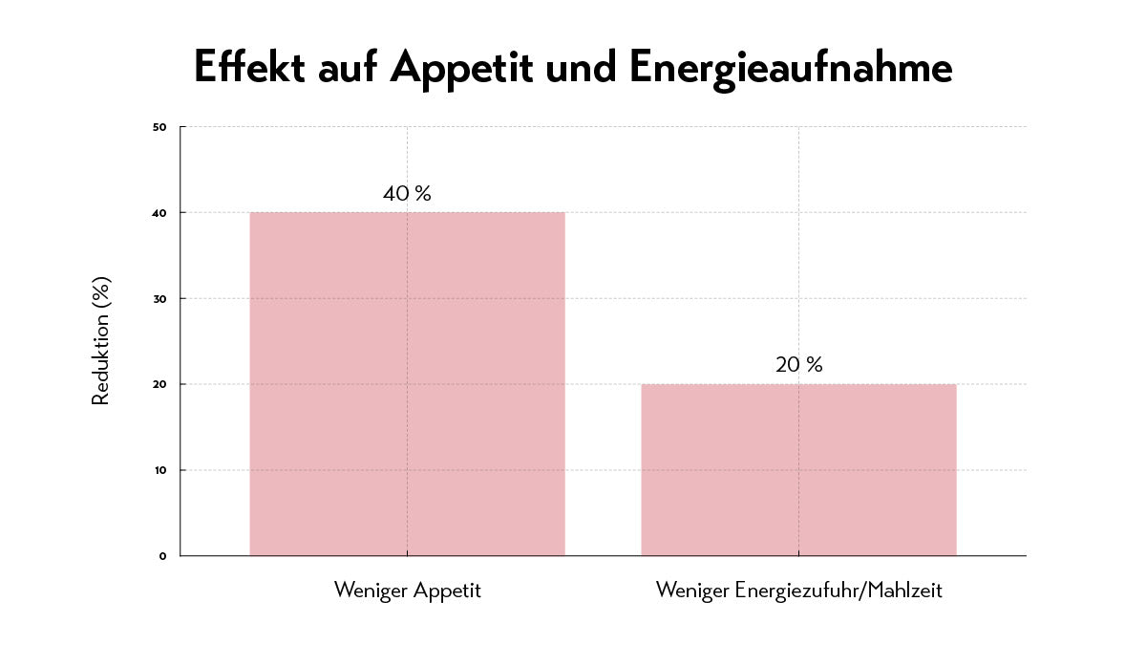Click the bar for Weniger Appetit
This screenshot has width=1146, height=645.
[407, 383]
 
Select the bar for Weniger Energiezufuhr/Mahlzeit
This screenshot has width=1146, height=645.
[798, 469]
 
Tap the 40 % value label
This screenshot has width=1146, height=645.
[407, 193]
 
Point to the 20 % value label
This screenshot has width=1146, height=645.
[798, 365]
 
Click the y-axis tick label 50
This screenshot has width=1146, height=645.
[159, 126]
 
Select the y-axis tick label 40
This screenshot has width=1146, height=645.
[159, 212]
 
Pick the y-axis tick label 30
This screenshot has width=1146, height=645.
[159, 298]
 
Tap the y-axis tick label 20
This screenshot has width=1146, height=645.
[159, 384]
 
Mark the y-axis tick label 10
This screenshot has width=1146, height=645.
[159, 470]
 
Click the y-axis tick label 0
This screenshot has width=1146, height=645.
[162, 556]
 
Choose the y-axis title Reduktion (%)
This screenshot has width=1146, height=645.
[101, 340]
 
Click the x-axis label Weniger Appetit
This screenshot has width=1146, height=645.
[407, 591]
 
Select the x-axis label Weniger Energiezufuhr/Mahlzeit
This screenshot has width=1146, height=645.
[798, 591]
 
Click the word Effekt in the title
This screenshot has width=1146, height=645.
[249, 68]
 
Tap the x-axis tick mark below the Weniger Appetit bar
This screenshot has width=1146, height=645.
[407, 559]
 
